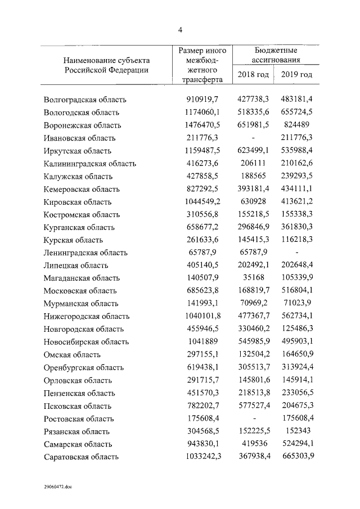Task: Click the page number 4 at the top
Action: [x=180, y=30]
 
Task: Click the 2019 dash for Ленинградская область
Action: [x=296, y=253]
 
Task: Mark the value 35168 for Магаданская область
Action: [x=253, y=278]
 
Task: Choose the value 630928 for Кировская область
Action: [x=253, y=201]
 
